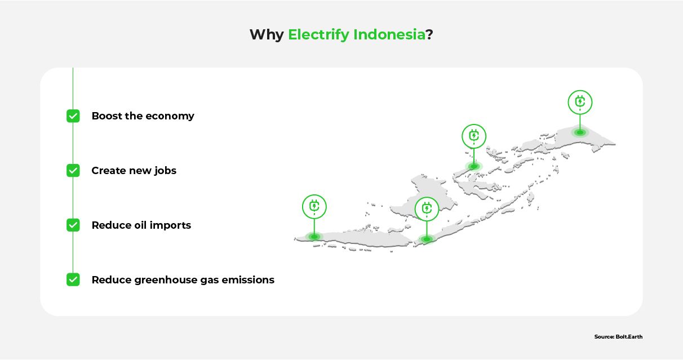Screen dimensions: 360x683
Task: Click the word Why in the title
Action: [x=266, y=35]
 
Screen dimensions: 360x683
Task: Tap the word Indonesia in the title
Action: [x=389, y=35]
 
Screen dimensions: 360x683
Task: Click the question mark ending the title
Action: [x=429, y=35]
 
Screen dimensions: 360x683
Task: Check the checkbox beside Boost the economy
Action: [x=73, y=116]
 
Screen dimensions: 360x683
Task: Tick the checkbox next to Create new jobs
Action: [x=73, y=171]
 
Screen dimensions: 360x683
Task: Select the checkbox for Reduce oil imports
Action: [x=73, y=225]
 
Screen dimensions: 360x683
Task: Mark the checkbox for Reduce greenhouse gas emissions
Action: [x=73, y=279]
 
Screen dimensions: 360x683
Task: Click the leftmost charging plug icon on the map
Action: [x=314, y=207]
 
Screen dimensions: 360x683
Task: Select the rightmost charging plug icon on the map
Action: [x=580, y=103]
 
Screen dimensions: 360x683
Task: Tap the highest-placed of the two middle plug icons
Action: [x=474, y=136]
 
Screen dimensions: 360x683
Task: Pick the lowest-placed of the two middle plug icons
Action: [x=427, y=209]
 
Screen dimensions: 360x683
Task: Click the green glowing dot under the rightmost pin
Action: [x=580, y=133]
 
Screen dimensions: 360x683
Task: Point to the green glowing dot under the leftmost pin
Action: [x=314, y=237]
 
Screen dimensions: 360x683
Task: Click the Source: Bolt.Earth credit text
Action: [x=618, y=337]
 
